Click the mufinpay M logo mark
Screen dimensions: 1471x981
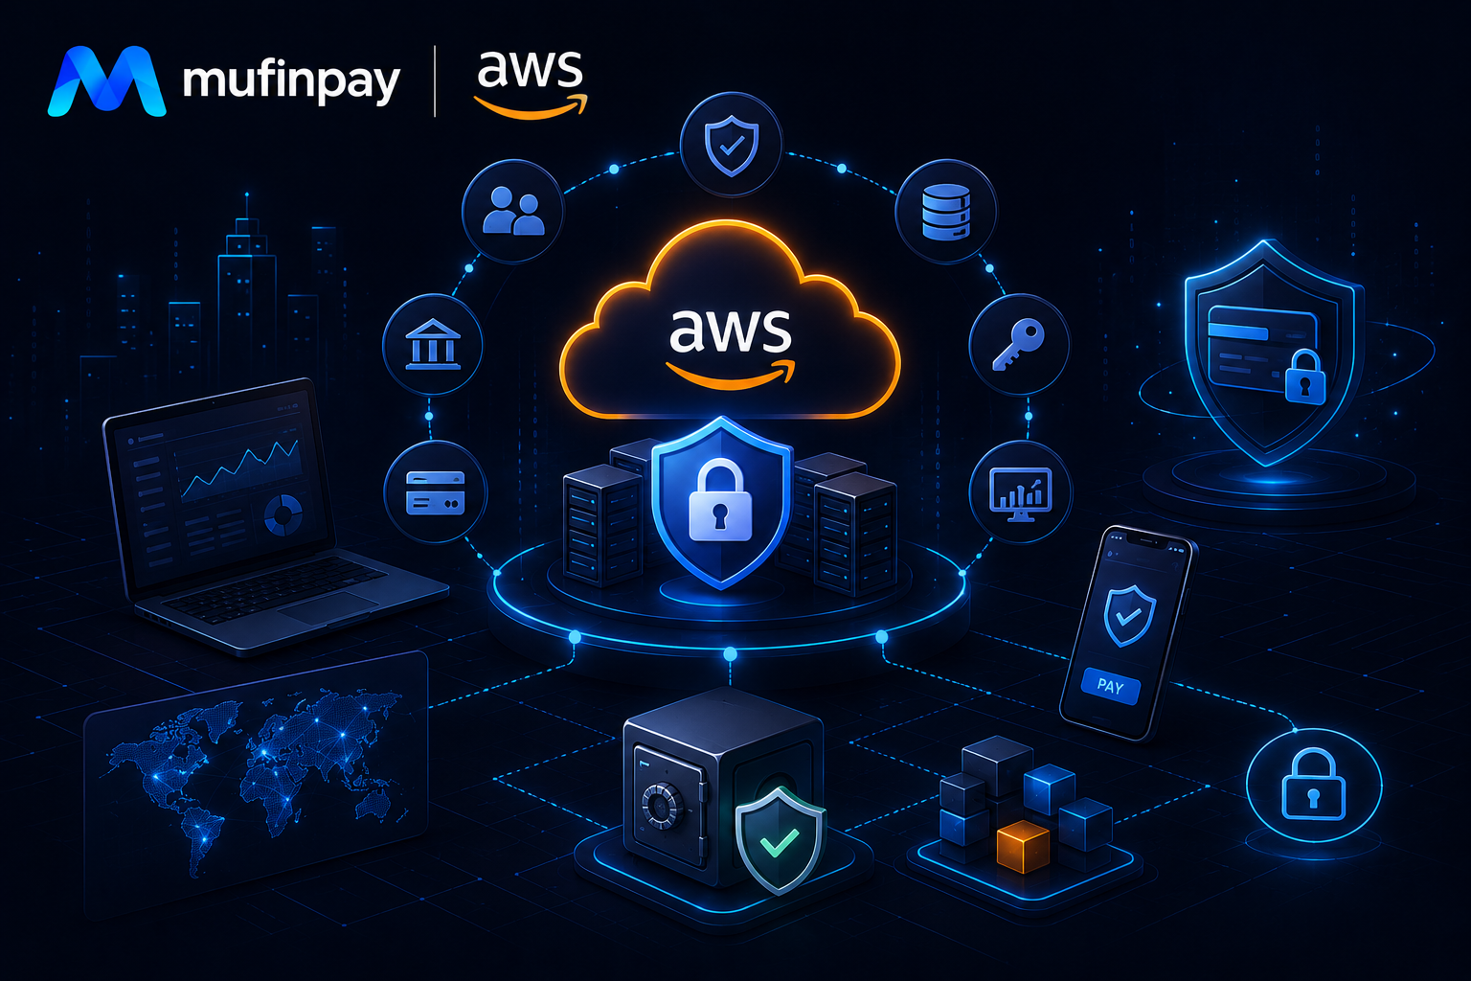(106, 81)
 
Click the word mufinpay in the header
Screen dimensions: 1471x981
(291, 81)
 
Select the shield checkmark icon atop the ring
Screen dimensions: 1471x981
(732, 146)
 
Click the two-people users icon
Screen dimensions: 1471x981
(513, 211)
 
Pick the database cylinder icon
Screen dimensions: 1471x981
(946, 212)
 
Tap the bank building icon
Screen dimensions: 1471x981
(433, 344)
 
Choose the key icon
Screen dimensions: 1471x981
(1018, 345)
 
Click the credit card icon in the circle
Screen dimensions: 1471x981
(436, 492)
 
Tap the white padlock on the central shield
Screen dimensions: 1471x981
(720, 499)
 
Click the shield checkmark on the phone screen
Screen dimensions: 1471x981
(1129, 615)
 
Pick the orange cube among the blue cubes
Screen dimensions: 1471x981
(1023, 846)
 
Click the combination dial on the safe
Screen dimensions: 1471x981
(662, 806)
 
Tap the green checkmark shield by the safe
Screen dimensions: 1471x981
(780, 840)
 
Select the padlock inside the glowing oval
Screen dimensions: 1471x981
(1313, 786)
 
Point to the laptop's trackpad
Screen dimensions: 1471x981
(327, 608)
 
